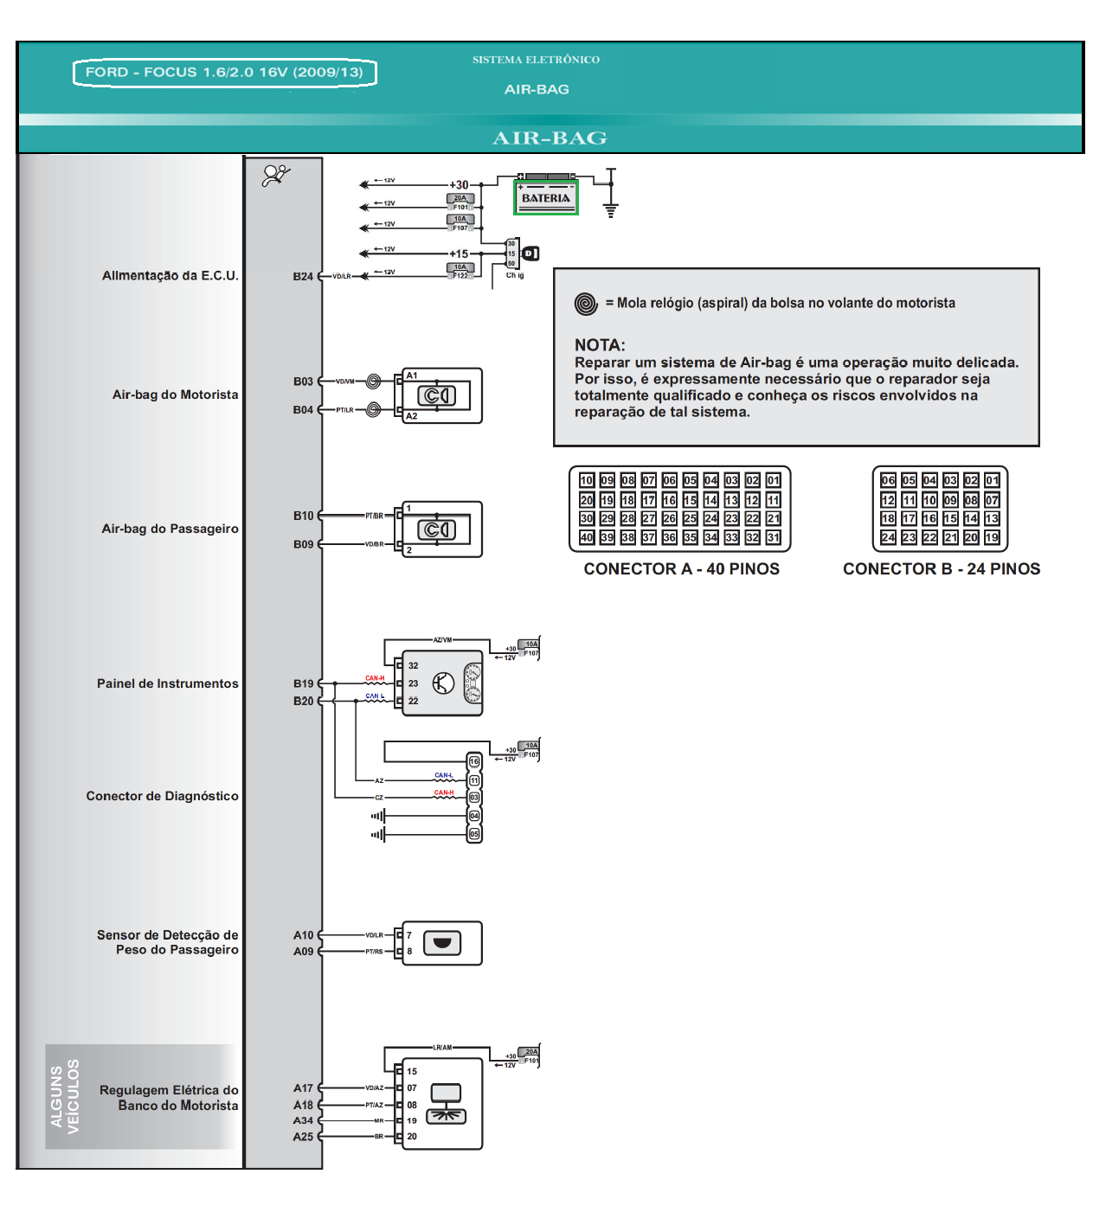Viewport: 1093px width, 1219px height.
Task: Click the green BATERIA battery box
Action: point(545,197)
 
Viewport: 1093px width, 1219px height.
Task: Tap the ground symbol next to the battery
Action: point(611,209)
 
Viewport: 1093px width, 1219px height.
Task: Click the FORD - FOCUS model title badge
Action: point(224,73)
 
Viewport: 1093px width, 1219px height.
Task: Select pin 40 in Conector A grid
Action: point(587,537)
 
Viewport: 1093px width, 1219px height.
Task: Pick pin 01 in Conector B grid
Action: point(992,480)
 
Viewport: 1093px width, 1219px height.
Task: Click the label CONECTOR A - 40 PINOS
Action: point(681,569)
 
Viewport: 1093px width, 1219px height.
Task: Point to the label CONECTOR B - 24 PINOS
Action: point(942,569)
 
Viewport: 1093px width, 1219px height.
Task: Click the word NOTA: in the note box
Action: point(600,344)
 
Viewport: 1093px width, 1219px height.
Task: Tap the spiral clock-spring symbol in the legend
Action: point(586,304)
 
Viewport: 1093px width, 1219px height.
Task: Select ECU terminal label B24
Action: point(303,277)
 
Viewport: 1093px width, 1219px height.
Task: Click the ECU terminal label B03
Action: point(303,382)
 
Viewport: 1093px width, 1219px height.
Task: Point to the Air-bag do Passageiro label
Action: point(170,529)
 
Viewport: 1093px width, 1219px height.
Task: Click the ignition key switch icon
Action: point(530,253)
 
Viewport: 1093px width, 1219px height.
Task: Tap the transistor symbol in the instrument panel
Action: point(443,683)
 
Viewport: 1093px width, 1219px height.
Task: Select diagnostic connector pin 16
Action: point(474,761)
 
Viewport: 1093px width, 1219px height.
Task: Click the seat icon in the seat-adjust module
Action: point(446,1103)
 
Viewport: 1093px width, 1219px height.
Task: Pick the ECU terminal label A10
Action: point(303,935)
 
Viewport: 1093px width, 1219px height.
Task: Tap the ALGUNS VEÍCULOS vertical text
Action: point(65,1096)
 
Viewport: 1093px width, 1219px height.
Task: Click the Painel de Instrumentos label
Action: point(167,683)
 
